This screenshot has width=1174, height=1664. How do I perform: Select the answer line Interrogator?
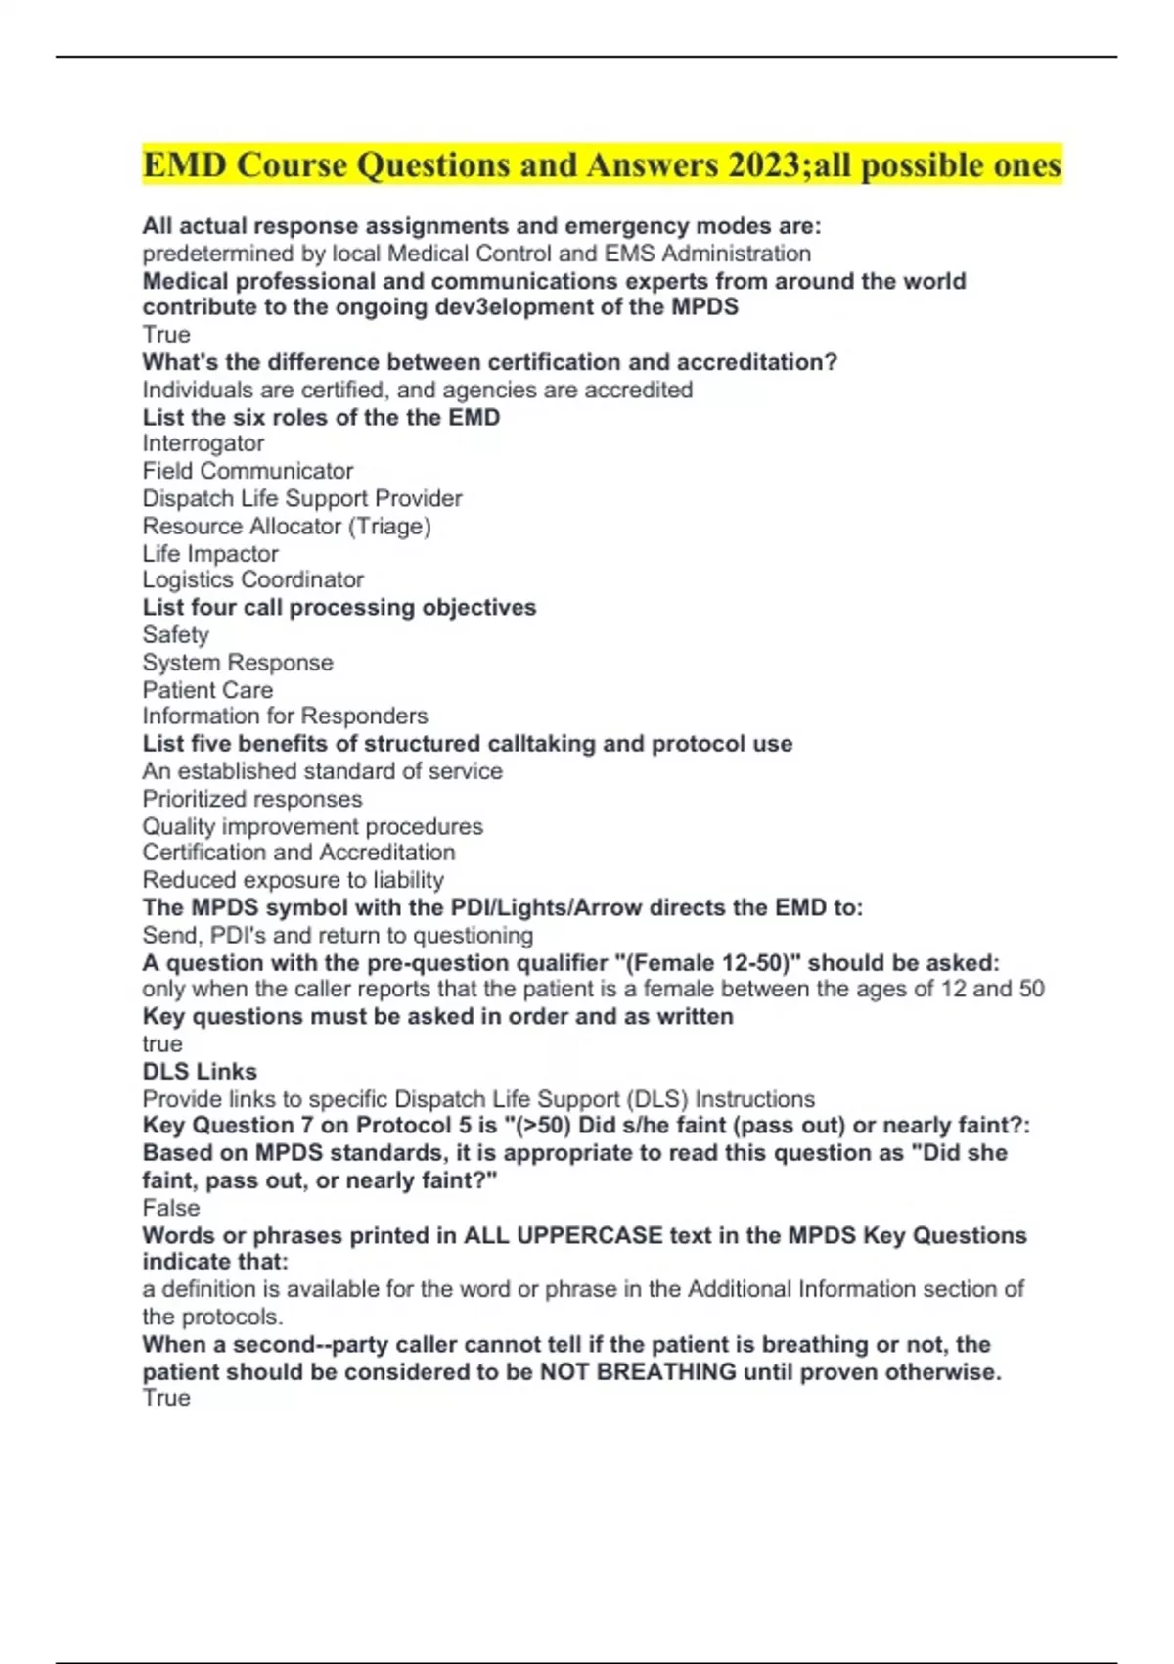point(203,443)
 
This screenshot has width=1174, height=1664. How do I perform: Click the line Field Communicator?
point(248,471)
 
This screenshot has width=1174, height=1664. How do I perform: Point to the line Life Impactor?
point(210,553)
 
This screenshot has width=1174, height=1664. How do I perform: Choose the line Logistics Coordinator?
point(252,579)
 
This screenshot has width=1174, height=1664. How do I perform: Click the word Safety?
point(175,635)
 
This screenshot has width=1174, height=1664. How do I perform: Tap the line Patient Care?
point(207,690)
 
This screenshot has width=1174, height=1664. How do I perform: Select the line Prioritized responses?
point(251,799)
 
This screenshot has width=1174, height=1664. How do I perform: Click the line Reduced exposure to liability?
point(293,880)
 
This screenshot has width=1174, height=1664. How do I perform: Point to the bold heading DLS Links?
point(200,1072)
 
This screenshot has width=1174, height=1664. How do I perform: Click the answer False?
point(170,1208)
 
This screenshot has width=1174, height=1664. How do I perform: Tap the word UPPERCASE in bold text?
point(589,1235)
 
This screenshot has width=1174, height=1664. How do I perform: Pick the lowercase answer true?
point(162,1044)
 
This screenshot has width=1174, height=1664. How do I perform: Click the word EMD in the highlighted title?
point(184,164)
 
